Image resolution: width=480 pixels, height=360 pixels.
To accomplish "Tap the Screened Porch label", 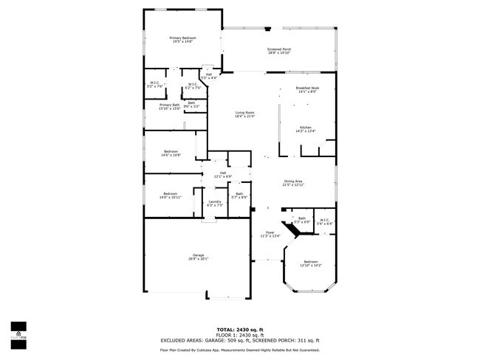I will coord(278,51).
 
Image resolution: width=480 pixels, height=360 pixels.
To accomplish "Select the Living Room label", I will coord(244,114).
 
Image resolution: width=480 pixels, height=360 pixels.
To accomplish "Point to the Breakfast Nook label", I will coord(306,89).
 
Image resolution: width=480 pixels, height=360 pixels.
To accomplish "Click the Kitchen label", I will coord(306,129).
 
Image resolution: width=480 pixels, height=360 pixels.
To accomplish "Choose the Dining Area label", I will coord(293,183).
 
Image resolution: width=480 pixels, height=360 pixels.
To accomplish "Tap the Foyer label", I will coord(270,235).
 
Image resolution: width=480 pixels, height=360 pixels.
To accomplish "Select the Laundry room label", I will coord(215,203).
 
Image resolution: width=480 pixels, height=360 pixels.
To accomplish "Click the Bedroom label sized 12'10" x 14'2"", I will coord(311,264).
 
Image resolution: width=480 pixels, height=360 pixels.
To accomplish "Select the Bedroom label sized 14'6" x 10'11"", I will coord(171,195).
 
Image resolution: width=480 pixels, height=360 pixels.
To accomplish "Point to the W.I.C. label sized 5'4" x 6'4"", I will coord(326,221).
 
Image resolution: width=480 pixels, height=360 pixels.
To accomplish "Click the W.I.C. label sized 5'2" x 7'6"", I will coord(154,85).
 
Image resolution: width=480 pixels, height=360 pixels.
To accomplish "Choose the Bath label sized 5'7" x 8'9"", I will coord(239,196).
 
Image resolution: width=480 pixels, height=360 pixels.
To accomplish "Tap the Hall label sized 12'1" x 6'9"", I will coord(223,175).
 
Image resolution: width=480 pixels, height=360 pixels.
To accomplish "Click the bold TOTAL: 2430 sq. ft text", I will coord(240,329).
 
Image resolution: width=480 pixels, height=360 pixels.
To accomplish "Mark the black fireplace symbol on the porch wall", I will coord(267,28).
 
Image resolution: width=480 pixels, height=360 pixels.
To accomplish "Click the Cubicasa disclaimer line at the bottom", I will coord(240,350).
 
